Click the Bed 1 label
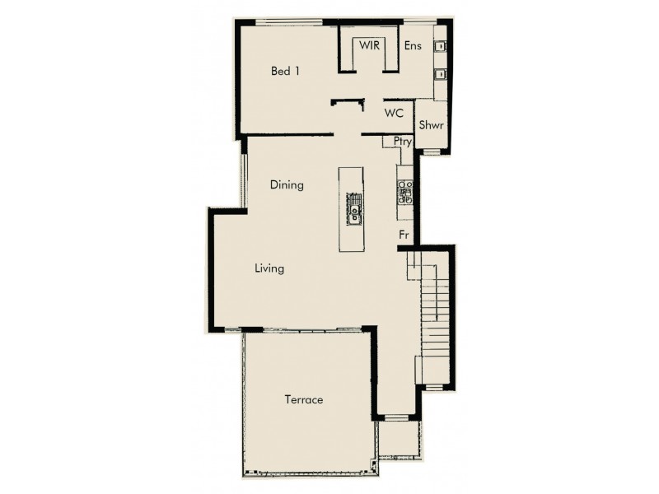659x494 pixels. pyautogui.click(x=285, y=72)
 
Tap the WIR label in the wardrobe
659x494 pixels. pyautogui.click(x=368, y=45)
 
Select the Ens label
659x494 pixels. pyautogui.click(x=413, y=46)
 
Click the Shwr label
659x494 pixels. pyautogui.click(x=431, y=125)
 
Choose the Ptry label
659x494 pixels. pyautogui.click(x=402, y=142)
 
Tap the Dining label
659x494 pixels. pyautogui.click(x=287, y=185)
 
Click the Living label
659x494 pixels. pyautogui.click(x=269, y=268)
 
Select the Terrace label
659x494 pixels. pyautogui.click(x=303, y=400)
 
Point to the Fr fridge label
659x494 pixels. pyautogui.click(x=404, y=235)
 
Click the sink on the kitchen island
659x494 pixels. pyautogui.click(x=353, y=211)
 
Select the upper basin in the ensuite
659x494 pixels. pyautogui.click(x=441, y=46)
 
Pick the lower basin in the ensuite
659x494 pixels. pyautogui.click(x=441, y=74)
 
